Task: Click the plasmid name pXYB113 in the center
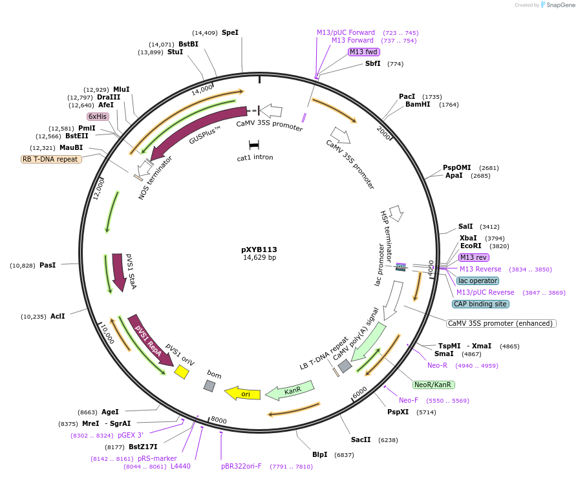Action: pyautogui.click(x=259, y=249)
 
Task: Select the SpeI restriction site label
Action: pyautogui.click(x=230, y=32)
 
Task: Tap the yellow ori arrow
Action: pyautogui.click(x=242, y=392)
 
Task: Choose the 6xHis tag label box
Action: pyautogui.click(x=98, y=116)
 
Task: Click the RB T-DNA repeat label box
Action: pyautogui.click(x=52, y=159)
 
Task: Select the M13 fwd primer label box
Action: pyautogui.click(x=363, y=52)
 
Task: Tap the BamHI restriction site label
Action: pyautogui.click(x=418, y=104)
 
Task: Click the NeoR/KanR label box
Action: pyautogui.click(x=433, y=385)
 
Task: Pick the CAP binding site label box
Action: pyautogui.click(x=480, y=304)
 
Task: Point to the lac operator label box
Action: pyautogui.click(x=478, y=281)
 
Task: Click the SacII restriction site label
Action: pyautogui.click(x=361, y=440)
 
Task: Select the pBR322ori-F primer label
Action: pyautogui.click(x=241, y=466)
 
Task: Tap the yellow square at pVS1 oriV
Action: pyautogui.click(x=182, y=372)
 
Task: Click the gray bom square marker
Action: pyautogui.click(x=209, y=386)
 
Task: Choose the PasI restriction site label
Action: pyautogui.click(x=48, y=266)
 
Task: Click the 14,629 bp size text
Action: pyautogui.click(x=259, y=258)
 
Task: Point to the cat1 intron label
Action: pyautogui.click(x=255, y=157)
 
